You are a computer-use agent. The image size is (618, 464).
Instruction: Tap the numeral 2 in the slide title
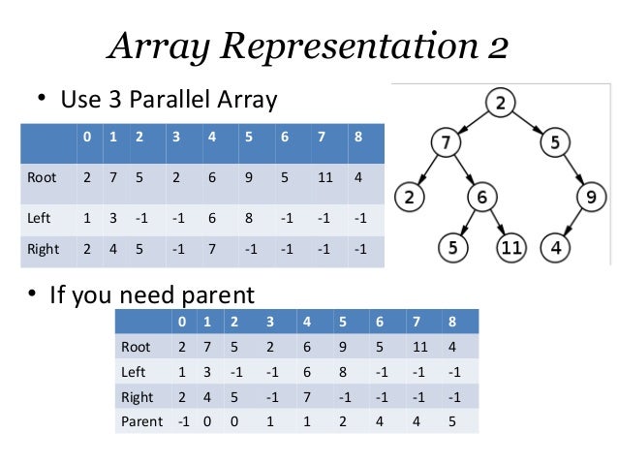pyautogui.click(x=495, y=46)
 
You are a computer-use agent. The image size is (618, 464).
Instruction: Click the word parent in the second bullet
pyautogui.click(x=221, y=294)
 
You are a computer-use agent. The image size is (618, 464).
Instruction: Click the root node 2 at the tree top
pyautogui.click(x=499, y=102)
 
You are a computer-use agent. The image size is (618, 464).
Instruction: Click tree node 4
pyautogui.click(x=556, y=247)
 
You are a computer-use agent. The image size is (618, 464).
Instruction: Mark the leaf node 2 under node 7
pyautogui.click(x=412, y=198)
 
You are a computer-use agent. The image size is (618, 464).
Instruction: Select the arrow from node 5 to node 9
pyautogui.click(x=572, y=171)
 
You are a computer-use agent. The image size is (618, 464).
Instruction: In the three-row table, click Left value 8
pyautogui.click(x=249, y=217)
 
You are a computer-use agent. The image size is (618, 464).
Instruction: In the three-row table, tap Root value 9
pyautogui.click(x=249, y=178)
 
